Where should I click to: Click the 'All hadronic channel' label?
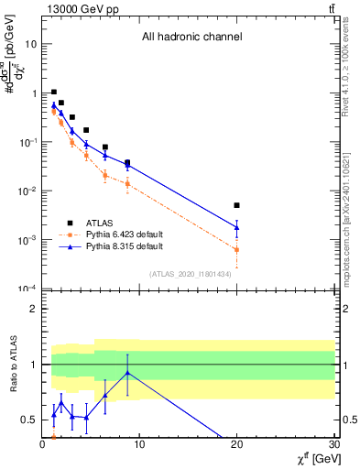tap(191, 38)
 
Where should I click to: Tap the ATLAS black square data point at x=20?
tap(237, 205)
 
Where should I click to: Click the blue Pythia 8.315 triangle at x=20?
tap(237, 227)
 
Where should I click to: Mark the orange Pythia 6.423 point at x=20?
tap(237, 249)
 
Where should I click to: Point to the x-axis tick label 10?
tap(139, 446)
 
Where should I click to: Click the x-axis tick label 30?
tap(334, 446)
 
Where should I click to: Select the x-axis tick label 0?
tap(42, 446)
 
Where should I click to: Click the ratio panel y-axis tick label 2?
tap(32, 309)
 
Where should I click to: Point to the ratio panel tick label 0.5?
tap(28, 420)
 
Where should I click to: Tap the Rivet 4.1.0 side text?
tap(353, 78)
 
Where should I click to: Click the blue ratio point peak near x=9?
tap(126, 372)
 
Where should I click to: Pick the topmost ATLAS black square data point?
tap(54, 93)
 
